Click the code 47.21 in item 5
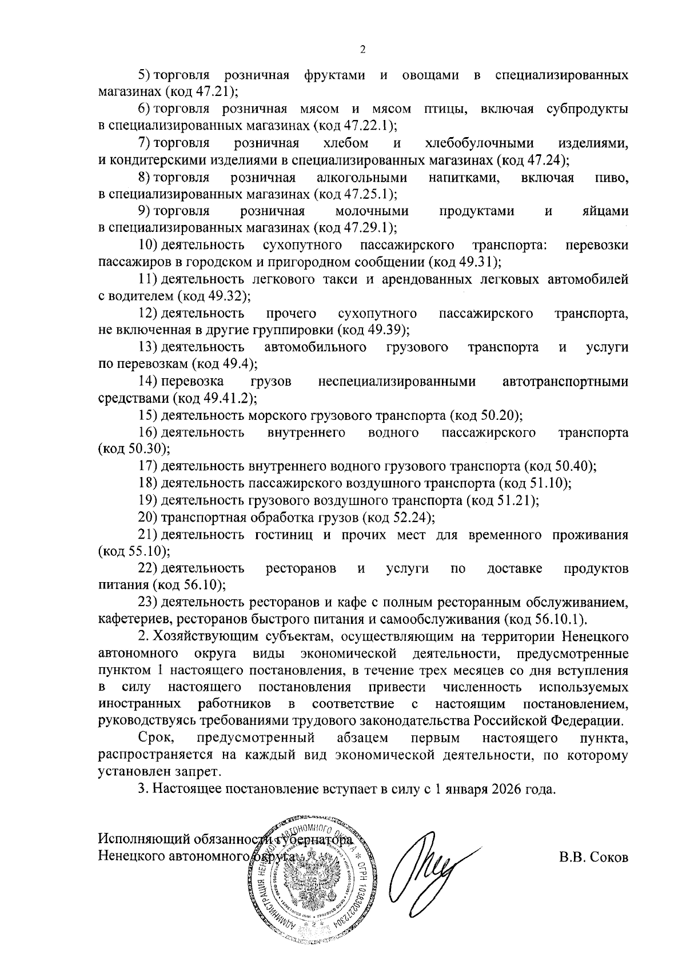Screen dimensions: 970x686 [x=215, y=91]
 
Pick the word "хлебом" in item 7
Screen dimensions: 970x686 [x=345, y=143]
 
